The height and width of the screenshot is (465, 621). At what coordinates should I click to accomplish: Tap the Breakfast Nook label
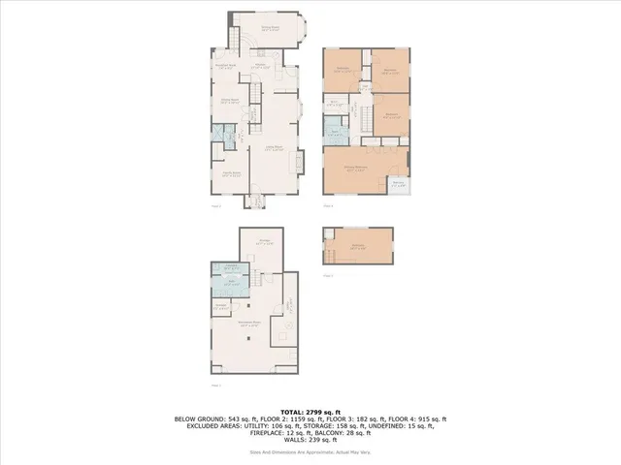tap(225, 67)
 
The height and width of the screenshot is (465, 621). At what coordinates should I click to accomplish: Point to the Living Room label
tap(275, 149)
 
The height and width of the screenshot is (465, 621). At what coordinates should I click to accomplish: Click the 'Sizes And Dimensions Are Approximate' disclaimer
tap(310, 452)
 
